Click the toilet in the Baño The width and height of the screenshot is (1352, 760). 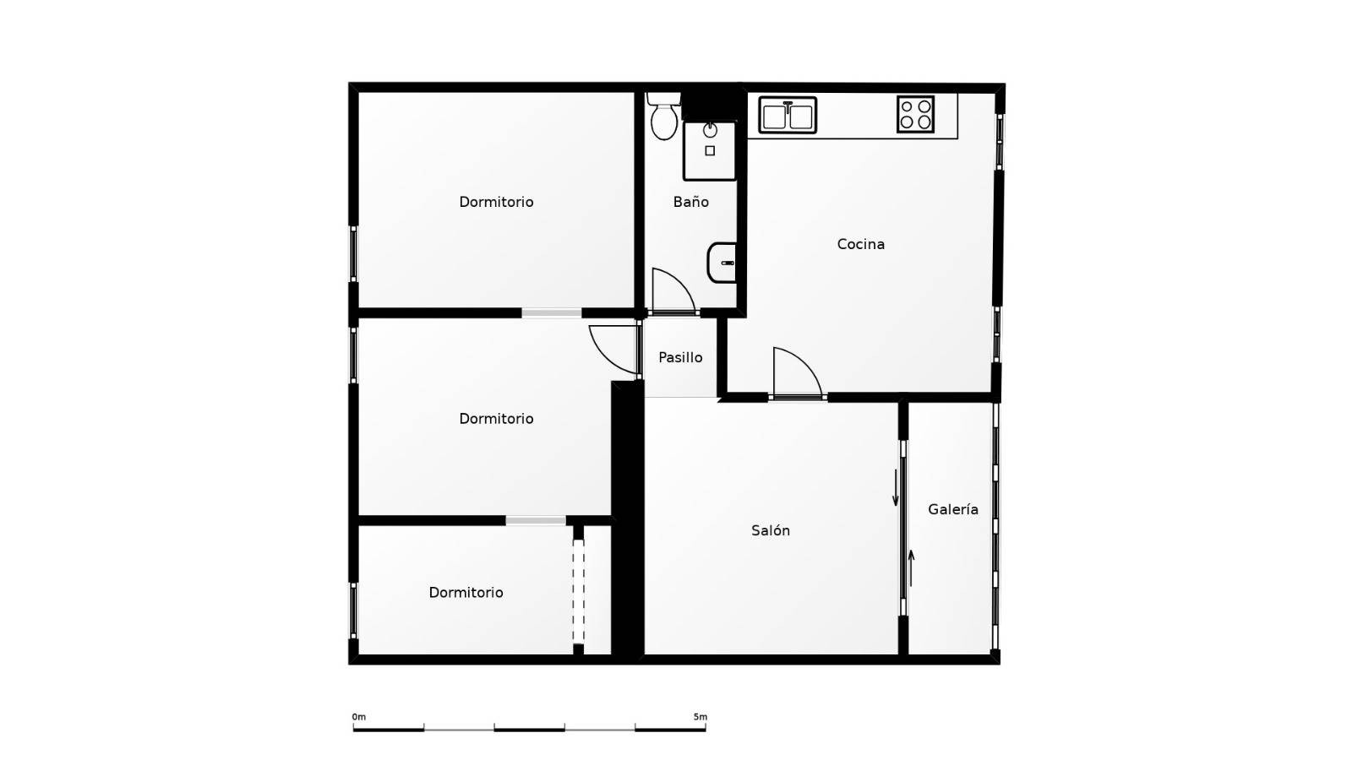pos(664,117)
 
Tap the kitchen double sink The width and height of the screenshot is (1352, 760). pos(788,115)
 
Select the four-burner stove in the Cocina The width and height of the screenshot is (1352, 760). pos(916,115)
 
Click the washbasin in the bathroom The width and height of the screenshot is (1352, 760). pos(722,263)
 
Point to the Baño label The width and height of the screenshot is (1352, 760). pos(691,202)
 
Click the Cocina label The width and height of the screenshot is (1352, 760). pos(861,244)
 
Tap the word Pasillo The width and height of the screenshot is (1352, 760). pos(680,358)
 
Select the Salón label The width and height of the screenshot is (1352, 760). pos(770,530)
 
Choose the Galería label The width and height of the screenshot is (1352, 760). pos(953,509)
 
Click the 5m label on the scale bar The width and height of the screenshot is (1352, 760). pos(701,717)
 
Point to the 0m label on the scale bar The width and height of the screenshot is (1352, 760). pos(358,717)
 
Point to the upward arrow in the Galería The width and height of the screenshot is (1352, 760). pos(912,568)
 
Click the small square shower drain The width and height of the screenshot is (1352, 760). pos(710,151)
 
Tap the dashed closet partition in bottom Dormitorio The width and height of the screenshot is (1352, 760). pos(578,592)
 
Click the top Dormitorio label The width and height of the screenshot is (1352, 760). pos(496,202)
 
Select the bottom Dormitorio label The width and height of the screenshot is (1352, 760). pos(466,593)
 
